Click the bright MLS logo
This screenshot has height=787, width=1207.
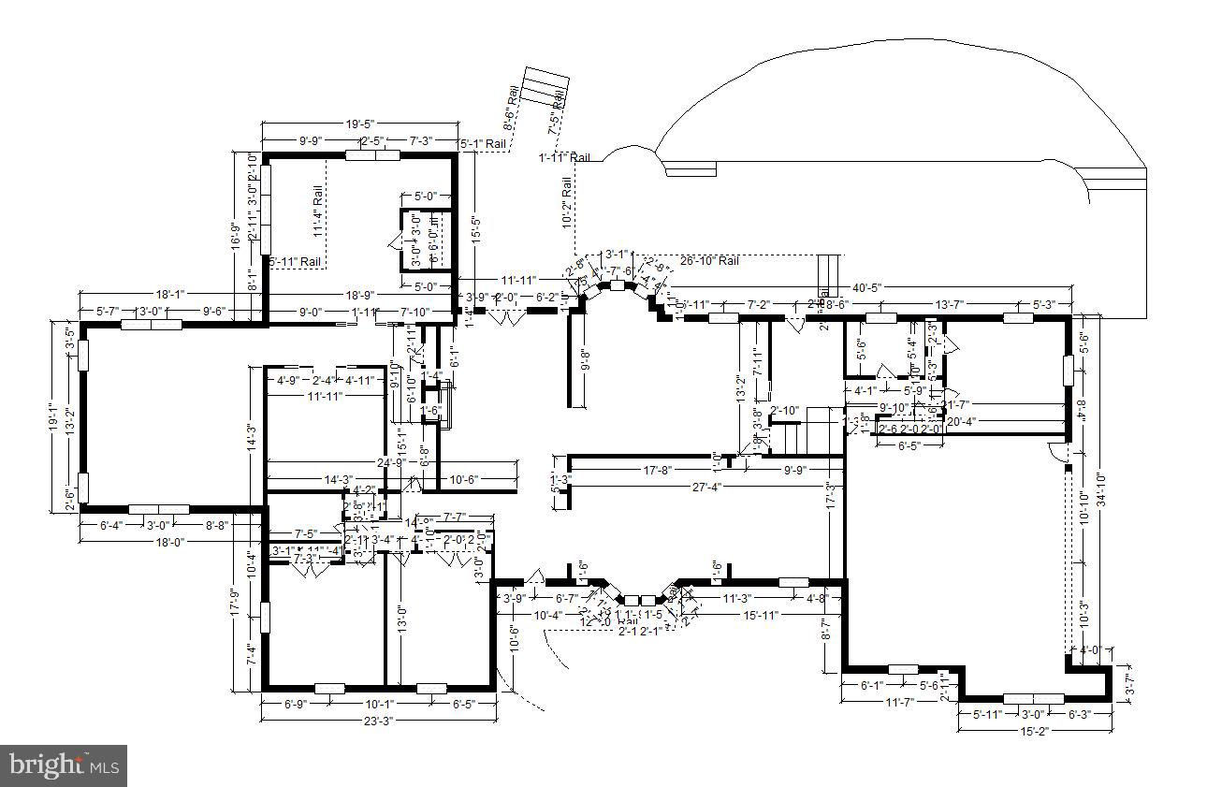pyautogui.click(x=64, y=765)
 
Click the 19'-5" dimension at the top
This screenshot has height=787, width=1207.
pyautogui.click(x=359, y=124)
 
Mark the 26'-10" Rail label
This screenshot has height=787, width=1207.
pyautogui.click(x=709, y=261)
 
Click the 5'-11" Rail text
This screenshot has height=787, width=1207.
pyautogui.click(x=296, y=262)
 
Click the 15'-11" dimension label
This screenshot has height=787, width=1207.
pyautogui.click(x=759, y=615)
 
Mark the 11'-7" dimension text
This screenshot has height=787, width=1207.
pyautogui.click(x=899, y=701)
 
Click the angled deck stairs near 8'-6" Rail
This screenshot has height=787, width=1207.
pyautogui.click(x=543, y=89)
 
